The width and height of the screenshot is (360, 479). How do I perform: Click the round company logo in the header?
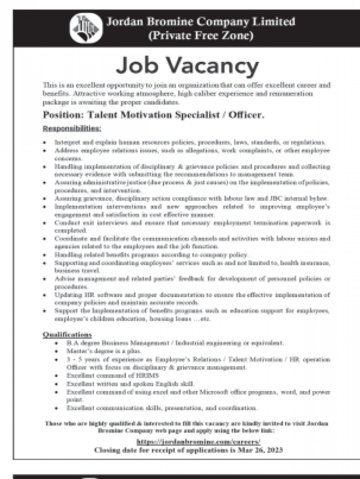(86, 28)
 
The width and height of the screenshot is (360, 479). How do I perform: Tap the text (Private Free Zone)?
(200, 36)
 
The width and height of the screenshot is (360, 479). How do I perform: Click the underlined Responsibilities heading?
(72, 128)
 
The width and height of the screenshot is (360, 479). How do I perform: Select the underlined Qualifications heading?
(68, 335)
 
